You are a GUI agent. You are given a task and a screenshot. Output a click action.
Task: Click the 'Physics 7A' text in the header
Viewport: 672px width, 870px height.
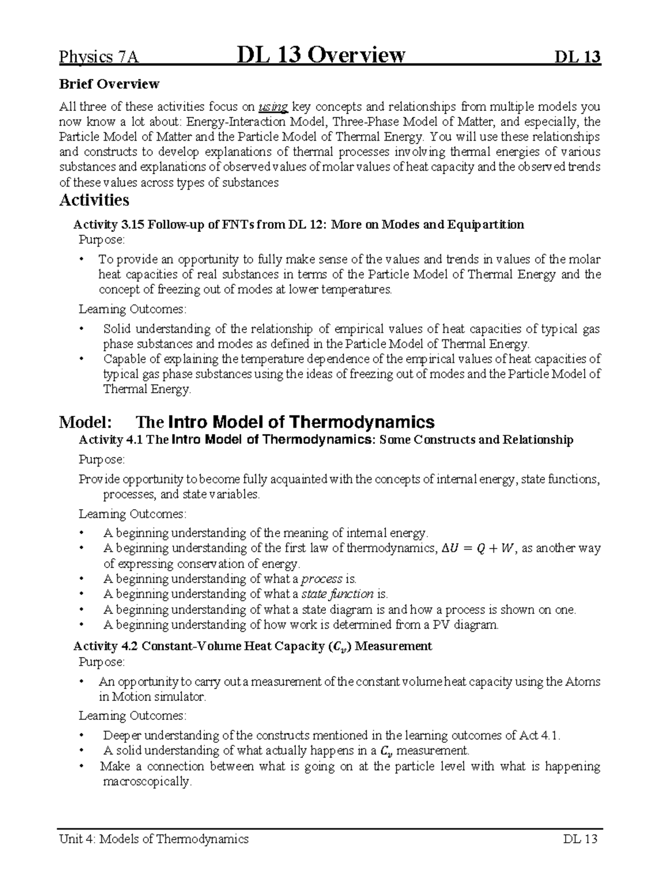(99, 57)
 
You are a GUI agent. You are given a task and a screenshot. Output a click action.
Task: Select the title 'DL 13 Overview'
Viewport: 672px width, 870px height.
(321, 55)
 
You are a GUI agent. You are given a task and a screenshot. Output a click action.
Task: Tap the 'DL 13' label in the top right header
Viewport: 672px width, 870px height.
(577, 57)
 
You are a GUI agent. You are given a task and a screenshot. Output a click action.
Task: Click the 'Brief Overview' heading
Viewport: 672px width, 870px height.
(109, 84)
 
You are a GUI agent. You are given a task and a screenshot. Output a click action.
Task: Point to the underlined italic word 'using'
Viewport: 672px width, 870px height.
(273, 106)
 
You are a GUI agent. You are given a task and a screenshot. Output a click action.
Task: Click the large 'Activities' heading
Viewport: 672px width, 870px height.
(94, 200)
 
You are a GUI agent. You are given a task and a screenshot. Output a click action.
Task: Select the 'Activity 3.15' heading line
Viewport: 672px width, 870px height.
(298, 225)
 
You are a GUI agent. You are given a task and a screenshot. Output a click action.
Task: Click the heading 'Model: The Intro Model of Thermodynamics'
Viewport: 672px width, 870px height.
(246, 421)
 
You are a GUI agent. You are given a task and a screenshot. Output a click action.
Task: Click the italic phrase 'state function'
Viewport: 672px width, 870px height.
(337, 594)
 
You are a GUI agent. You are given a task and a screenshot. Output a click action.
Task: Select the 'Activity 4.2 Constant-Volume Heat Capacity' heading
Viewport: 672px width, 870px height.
(253, 646)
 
